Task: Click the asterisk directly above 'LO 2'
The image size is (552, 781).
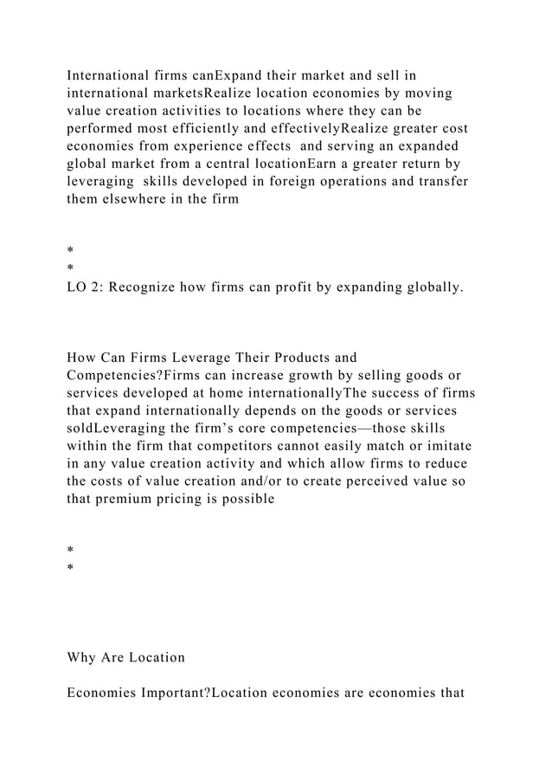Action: coord(70,269)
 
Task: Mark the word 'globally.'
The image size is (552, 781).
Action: coord(429,287)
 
